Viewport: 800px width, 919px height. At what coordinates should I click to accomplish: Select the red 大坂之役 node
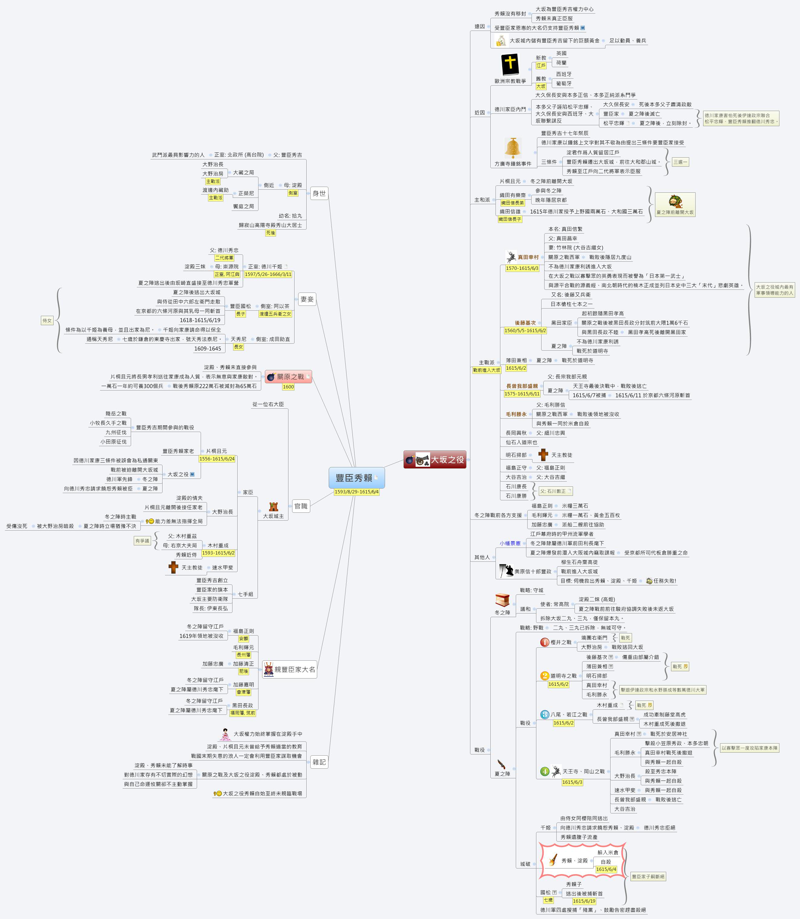(435, 460)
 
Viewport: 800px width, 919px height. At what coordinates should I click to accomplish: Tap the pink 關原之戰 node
(288, 377)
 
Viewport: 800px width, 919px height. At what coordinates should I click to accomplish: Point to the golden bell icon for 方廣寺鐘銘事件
(513, 148)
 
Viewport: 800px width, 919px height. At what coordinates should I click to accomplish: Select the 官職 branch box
(301, 506)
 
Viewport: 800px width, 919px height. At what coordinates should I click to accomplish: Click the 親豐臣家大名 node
(289, 669)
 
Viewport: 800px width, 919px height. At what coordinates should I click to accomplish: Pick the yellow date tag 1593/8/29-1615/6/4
(356, 492)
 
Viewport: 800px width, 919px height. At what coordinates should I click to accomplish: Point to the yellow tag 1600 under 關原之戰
(288, 387)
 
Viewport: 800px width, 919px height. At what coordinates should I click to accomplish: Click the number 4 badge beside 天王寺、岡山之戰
(544, 771)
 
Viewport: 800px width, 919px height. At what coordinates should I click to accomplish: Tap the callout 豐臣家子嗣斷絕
(648, 877)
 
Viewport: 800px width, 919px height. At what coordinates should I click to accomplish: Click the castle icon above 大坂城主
(273, 506)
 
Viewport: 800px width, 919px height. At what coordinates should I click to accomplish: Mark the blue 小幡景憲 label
(510, 543)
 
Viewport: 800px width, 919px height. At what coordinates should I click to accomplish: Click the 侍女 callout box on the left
(47, 320)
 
